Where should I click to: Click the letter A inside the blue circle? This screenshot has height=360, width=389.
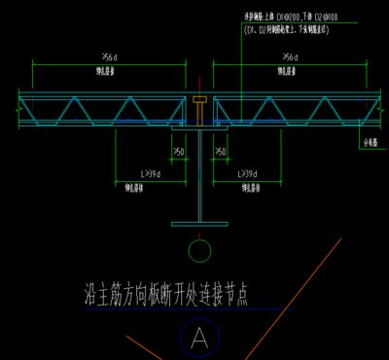[x=199, y=338]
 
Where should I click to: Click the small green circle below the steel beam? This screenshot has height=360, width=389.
[x=199, y=251]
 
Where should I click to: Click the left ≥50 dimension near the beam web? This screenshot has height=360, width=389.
[x=179, y=152]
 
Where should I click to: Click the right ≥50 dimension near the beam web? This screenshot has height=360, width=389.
[x=221, y=152]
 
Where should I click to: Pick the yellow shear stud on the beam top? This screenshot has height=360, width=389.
[x=199, y=102]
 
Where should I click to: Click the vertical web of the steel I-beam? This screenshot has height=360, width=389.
[x=199, y=175]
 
